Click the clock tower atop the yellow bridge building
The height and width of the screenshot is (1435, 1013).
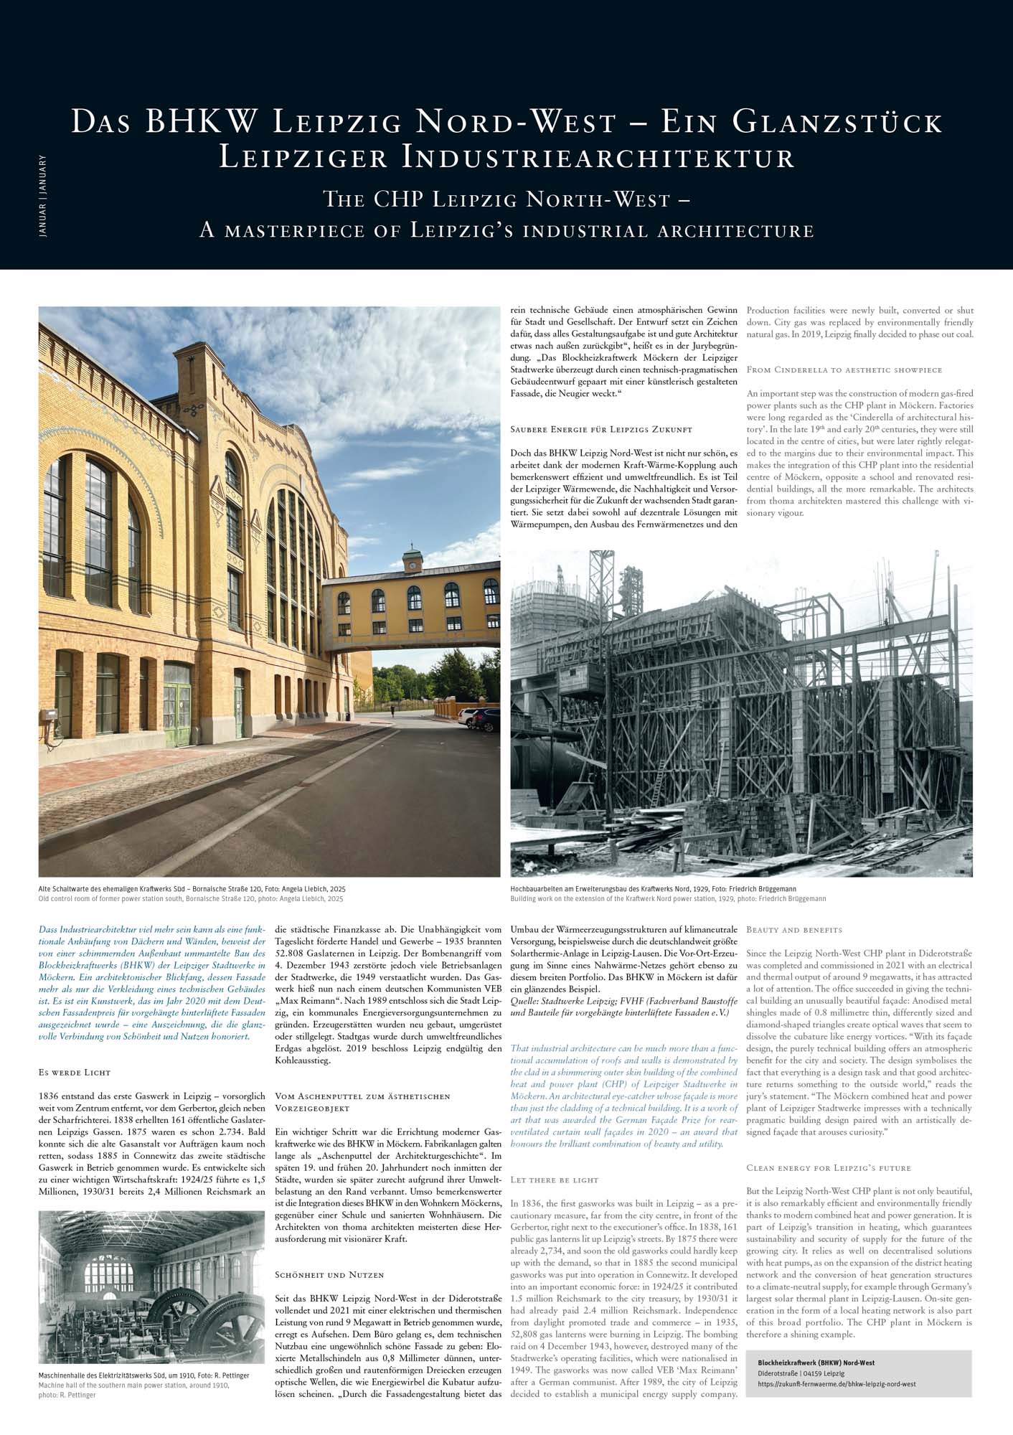pos(413,557)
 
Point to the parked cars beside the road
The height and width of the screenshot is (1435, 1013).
pos(479,718)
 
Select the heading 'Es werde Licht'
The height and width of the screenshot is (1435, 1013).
pos(75,1073)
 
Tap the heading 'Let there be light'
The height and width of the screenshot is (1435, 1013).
pos(554,1180)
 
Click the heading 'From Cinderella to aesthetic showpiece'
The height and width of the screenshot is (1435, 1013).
pos(844,370)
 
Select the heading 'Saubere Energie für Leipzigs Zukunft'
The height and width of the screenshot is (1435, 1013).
pos(600,429)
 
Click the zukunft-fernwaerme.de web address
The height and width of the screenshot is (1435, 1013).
pos(837,1384)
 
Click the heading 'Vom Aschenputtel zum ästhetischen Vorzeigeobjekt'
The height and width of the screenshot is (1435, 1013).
pos(362,1102)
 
